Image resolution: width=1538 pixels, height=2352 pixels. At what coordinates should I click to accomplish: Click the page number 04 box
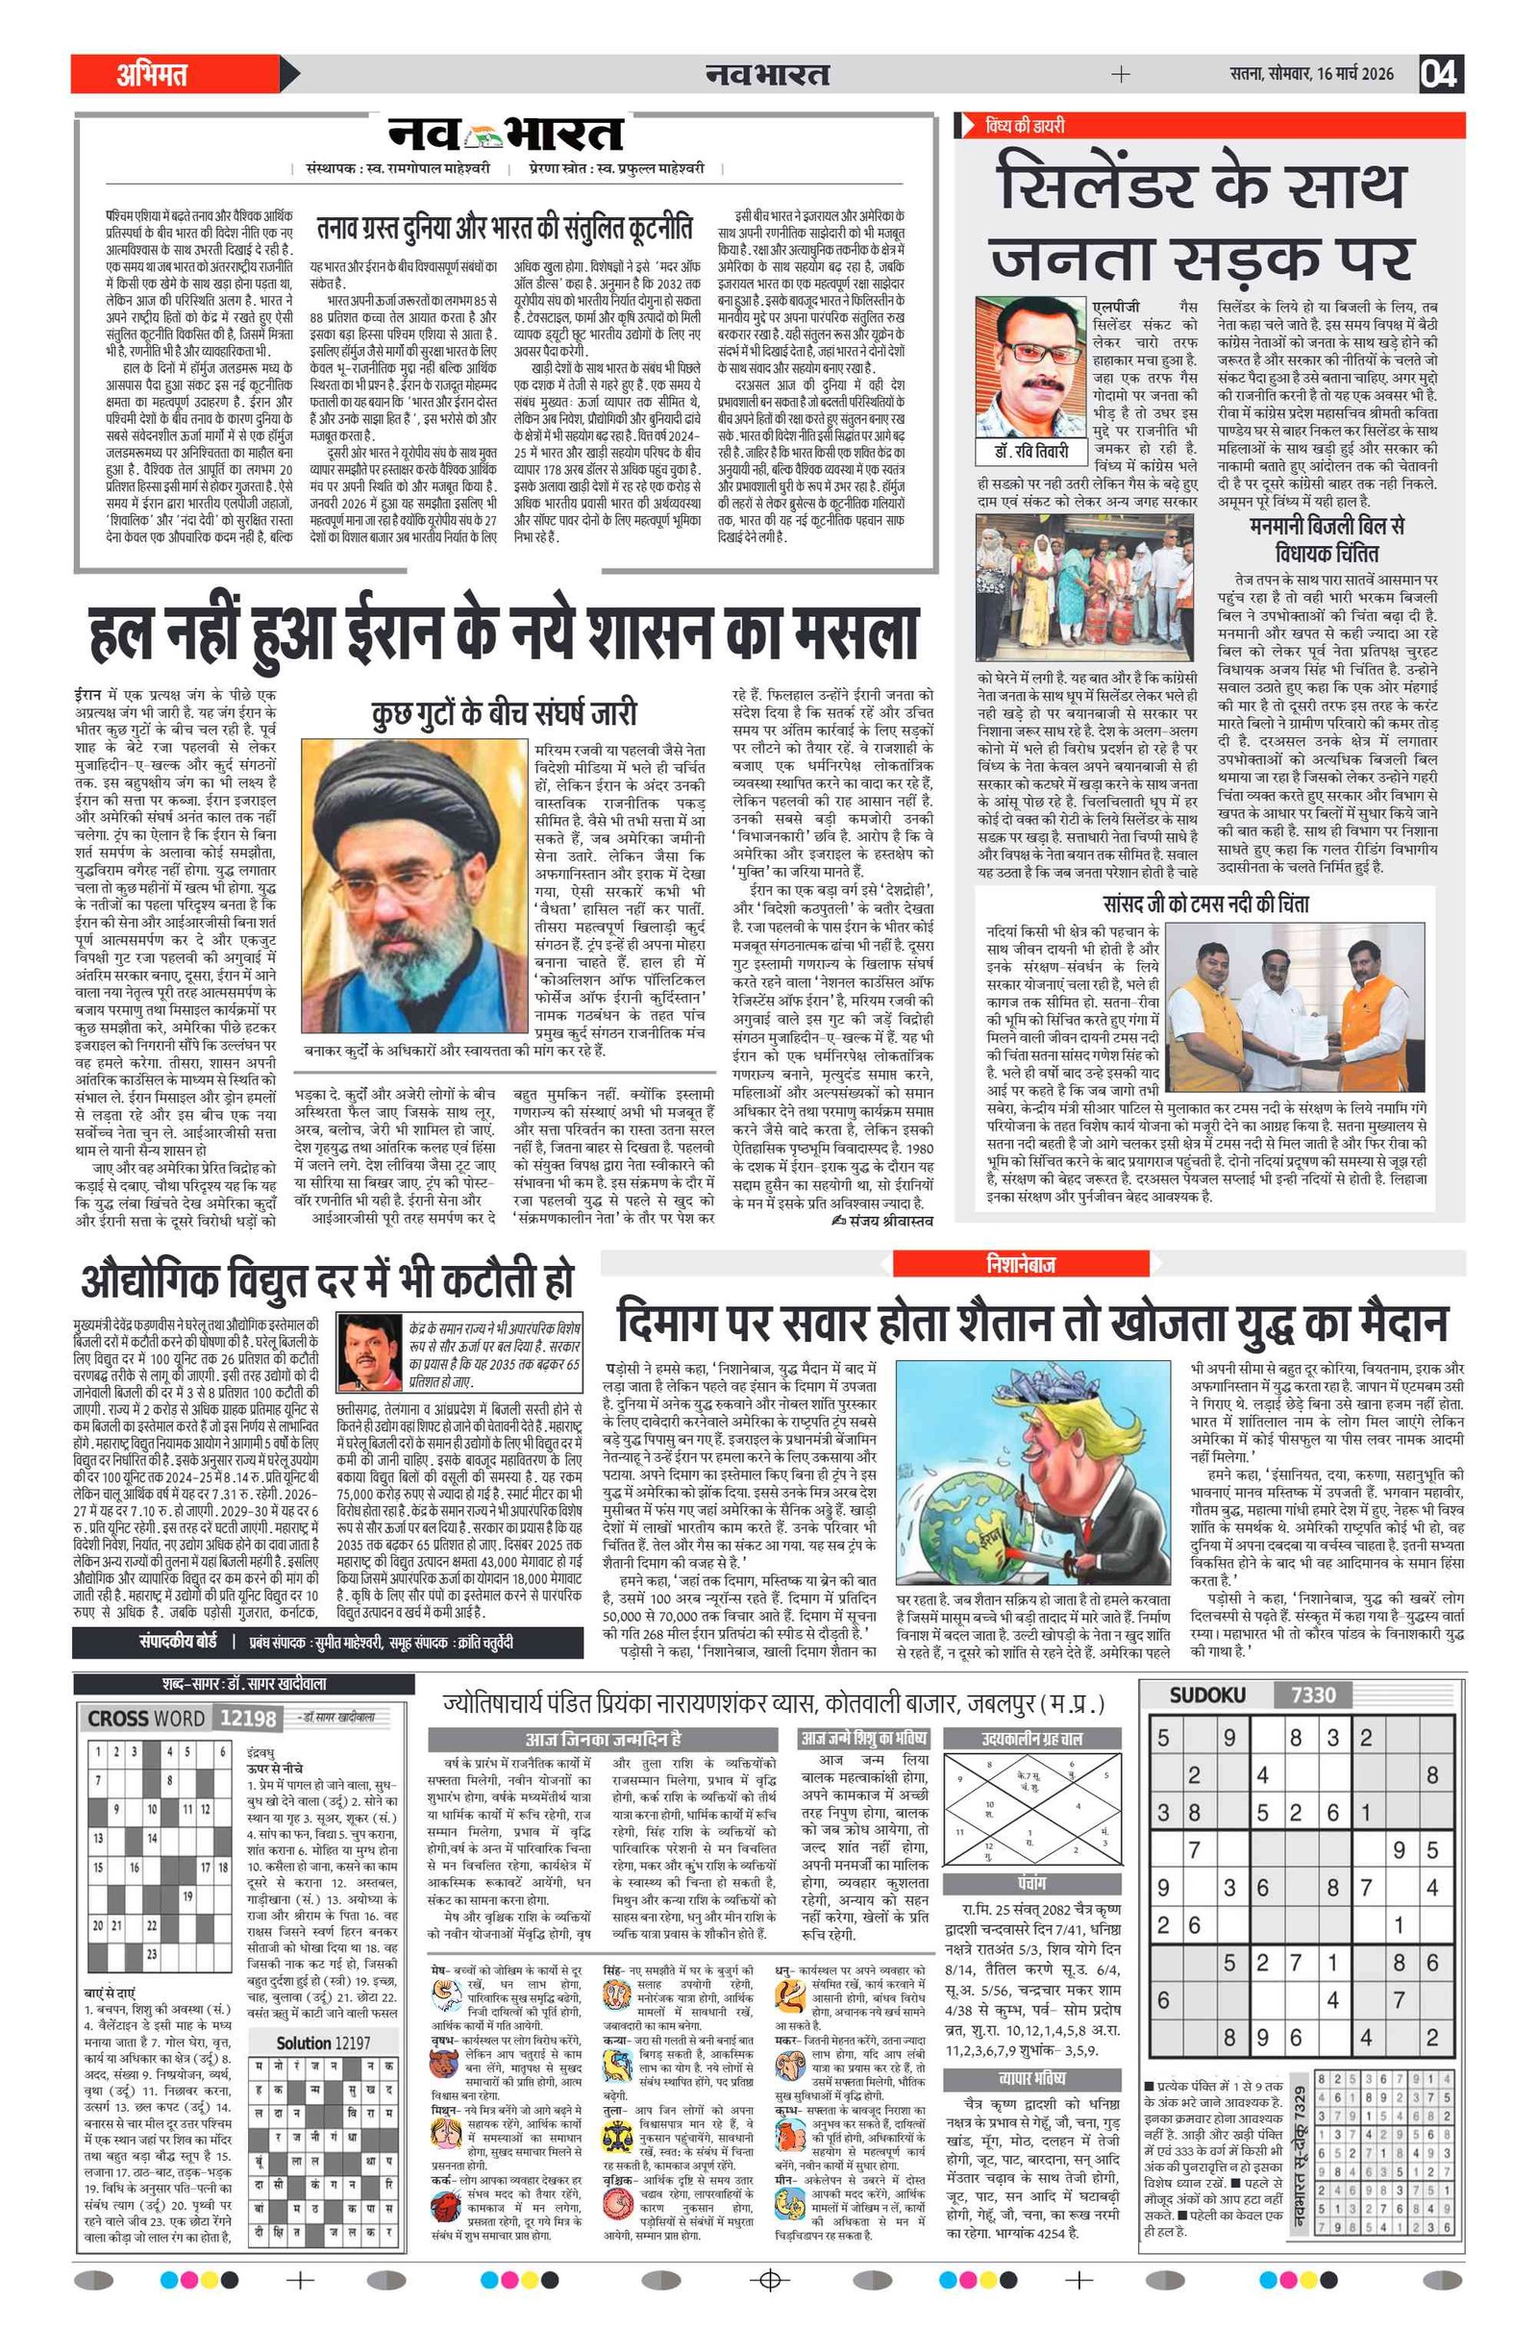[x=1440, y=74]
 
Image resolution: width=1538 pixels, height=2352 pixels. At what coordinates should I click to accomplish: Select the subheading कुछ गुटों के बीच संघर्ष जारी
[x=504, y=714]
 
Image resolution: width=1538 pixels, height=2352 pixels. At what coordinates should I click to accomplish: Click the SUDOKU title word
[x=1207, y=1696]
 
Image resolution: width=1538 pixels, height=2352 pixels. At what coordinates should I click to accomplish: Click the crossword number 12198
[x=247, y=1719]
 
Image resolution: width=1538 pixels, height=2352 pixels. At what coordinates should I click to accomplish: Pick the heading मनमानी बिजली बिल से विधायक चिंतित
[x=1327, y=539]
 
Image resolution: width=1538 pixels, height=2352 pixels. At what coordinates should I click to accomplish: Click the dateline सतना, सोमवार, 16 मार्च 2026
[x=1312, y=74]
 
